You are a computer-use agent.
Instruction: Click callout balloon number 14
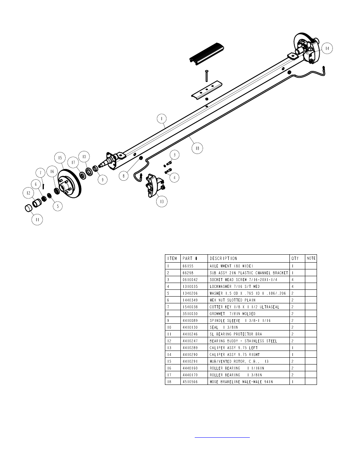327,48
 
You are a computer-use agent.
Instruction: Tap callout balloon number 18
197,148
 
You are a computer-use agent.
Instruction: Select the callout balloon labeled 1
162,118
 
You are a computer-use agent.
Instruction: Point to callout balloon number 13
162,201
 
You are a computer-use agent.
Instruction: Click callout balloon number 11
37,219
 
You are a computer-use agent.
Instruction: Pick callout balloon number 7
40,173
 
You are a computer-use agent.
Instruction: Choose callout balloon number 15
60,158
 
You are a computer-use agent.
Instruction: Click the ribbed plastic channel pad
206,53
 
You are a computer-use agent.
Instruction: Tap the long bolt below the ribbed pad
206,76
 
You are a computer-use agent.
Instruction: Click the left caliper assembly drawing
155,186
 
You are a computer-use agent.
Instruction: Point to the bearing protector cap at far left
29,208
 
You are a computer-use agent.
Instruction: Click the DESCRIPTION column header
223,258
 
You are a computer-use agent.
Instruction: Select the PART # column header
190,258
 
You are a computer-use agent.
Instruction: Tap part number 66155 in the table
188,266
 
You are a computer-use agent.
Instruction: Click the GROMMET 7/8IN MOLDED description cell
232,314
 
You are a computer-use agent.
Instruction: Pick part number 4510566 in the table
190,382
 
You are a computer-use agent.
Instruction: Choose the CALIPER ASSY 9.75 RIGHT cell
235,355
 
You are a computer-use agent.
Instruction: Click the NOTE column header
311,258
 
